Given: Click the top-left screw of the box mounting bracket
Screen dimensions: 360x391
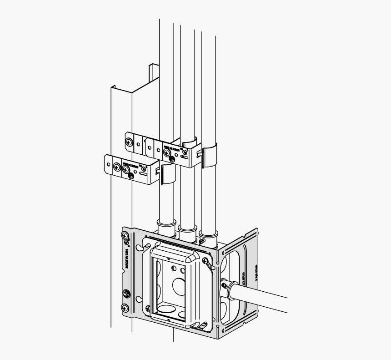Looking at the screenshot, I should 125,236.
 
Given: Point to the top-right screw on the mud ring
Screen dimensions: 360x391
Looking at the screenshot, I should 206,261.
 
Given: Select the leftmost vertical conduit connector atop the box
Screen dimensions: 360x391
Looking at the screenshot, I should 166,226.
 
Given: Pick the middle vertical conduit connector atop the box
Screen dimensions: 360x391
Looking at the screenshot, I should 187,230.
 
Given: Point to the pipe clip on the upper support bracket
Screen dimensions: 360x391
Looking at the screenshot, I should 208,155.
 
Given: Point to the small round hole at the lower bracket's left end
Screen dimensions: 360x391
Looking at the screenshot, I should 108,160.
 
